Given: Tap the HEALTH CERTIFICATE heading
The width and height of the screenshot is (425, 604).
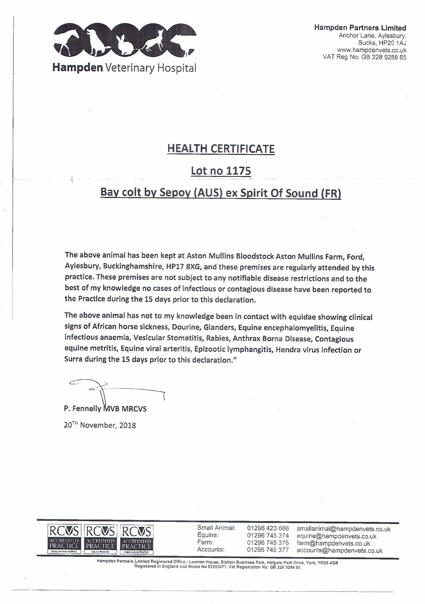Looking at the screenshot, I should coord(221,149).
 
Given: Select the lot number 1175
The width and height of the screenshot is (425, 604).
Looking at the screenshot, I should coord(238,171).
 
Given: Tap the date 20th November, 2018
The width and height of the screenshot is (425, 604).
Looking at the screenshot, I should coord(100,425).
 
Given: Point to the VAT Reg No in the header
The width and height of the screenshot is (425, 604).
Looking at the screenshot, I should coord(364,57).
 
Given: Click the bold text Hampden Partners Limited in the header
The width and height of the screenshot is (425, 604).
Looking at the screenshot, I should coord(360,28).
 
